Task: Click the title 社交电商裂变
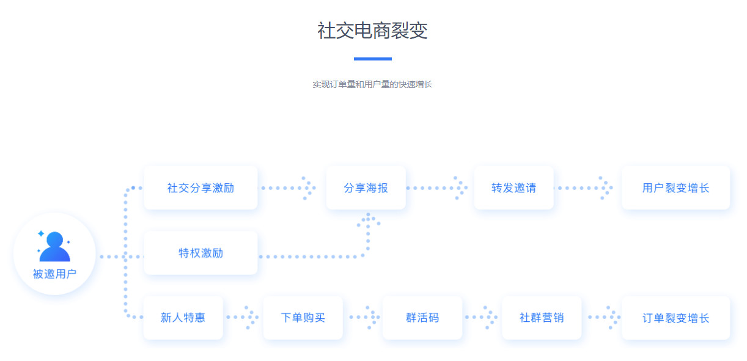[372, 31]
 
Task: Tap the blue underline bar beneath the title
[372, 59]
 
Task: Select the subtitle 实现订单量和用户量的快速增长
[372, 84]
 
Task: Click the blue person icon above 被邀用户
[54, 246]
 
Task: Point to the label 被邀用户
[54, 274]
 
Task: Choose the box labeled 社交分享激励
[201, 188]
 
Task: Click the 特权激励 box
[201, 253]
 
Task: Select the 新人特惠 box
[183, 318]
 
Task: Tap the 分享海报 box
[366, 188]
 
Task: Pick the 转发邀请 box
[513, 188]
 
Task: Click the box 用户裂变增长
[675, 188]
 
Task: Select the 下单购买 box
[303, 318]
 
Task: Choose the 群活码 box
[422, 318]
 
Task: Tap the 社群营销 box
[541, 318]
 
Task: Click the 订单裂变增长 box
[675, 318]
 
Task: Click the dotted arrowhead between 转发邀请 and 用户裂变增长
[605, 188]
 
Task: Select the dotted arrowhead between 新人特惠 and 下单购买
[251, 318]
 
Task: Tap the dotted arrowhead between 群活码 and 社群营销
[489, 318]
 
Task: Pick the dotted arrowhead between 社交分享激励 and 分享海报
[308, 188]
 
